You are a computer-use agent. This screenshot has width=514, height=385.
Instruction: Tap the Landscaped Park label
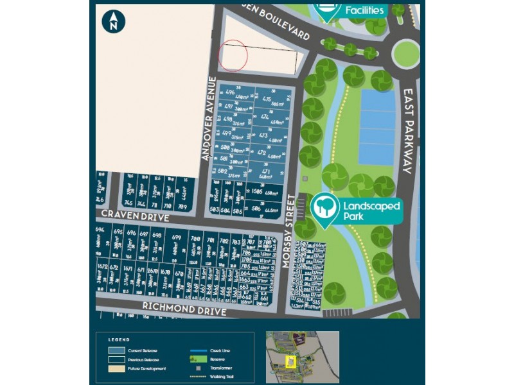tap(371, 211)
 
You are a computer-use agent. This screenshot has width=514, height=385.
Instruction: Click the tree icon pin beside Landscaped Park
tap(325, 209)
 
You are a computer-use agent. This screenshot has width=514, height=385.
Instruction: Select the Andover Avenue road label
tap(207, 119)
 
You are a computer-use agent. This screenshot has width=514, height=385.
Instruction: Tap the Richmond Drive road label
tap(184, 311)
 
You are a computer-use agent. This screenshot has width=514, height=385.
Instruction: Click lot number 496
tap(230, 92)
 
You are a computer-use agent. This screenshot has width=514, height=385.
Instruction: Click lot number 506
tap(256, 208)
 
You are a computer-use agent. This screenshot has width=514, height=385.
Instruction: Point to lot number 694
tap(100, 230)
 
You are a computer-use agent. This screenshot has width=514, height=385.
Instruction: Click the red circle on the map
tap(233, 55)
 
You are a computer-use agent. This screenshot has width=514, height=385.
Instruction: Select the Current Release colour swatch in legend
tap(116, 351)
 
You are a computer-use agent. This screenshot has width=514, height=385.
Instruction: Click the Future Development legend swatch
tap(116, 368)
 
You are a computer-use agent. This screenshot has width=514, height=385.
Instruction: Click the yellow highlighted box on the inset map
tap(290, 363)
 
